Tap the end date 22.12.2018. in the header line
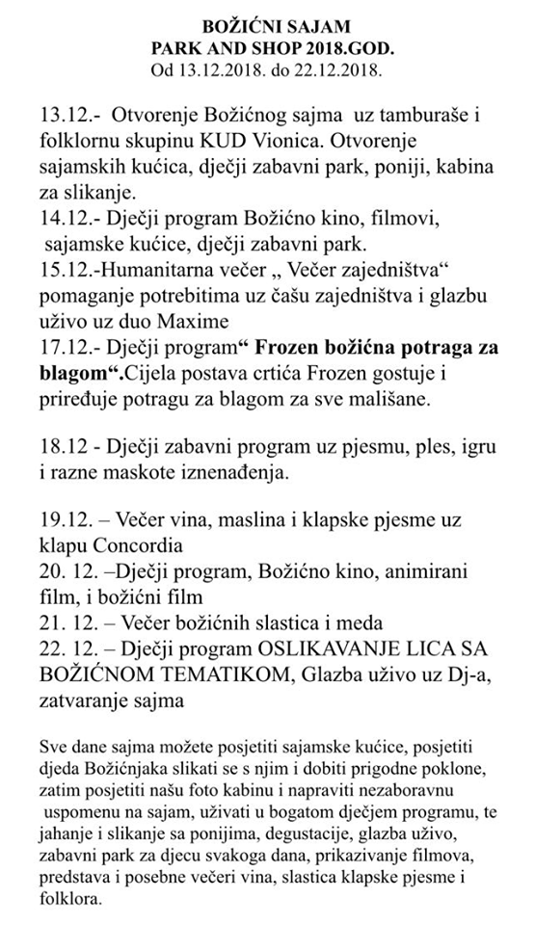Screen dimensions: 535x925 335,69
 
